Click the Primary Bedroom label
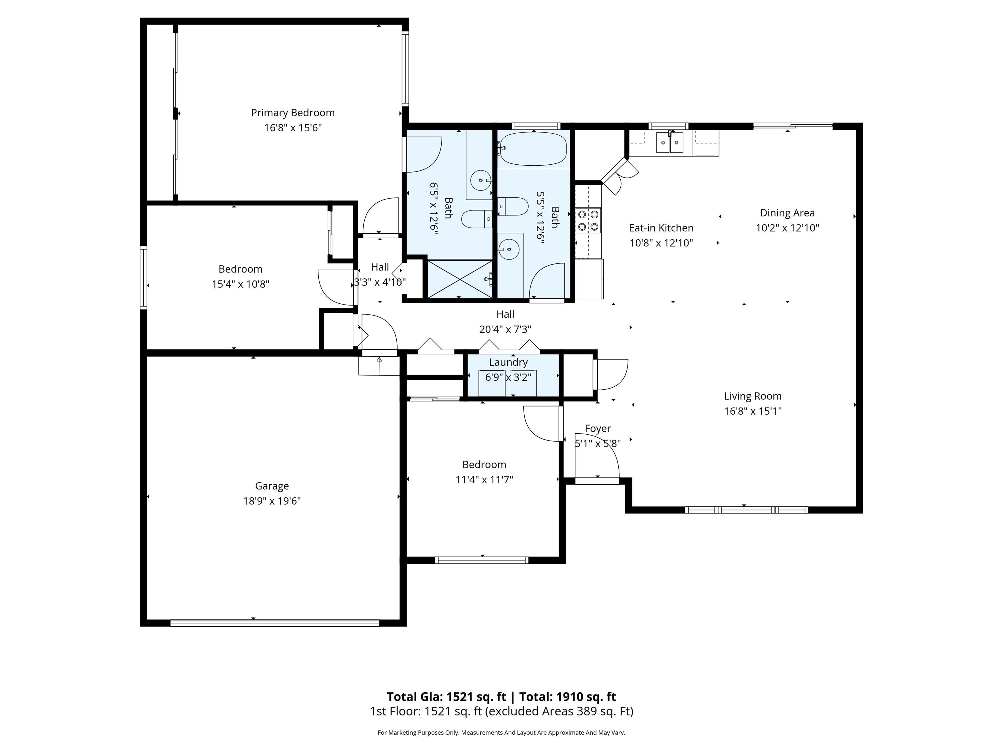pos(293,112)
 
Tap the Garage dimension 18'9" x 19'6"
pos(272,501)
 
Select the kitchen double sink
pos(670,142)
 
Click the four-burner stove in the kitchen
pos(588,220)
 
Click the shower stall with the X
pos(460,279)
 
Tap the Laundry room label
pos(508,362)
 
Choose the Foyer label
pos(597,428)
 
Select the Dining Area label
pos(787,213)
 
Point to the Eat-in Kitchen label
pos(661,228)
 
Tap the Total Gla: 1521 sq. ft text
pos(446,697)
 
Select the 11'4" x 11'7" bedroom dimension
pos(484,480)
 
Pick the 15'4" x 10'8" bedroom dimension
pos(240,284)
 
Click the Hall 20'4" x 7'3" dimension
pos(505,329)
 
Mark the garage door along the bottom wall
pos(275,623)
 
